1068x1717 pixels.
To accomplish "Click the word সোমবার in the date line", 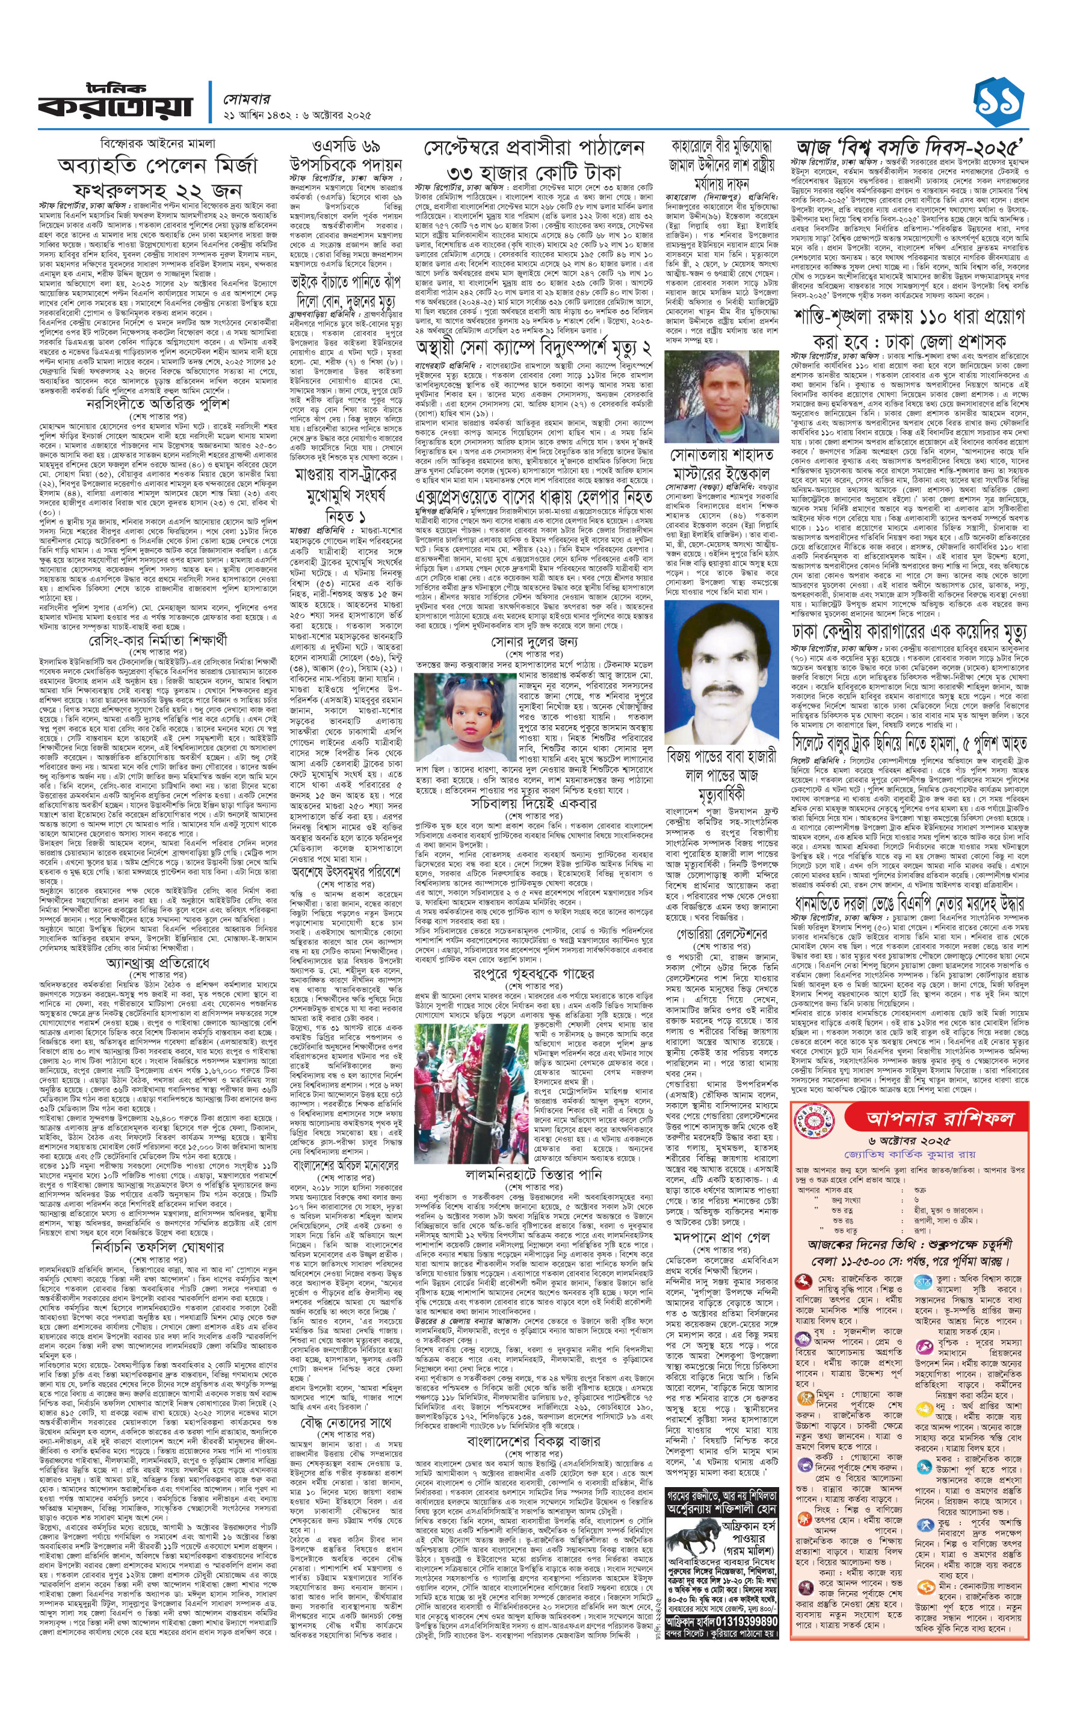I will coord(247,99).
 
